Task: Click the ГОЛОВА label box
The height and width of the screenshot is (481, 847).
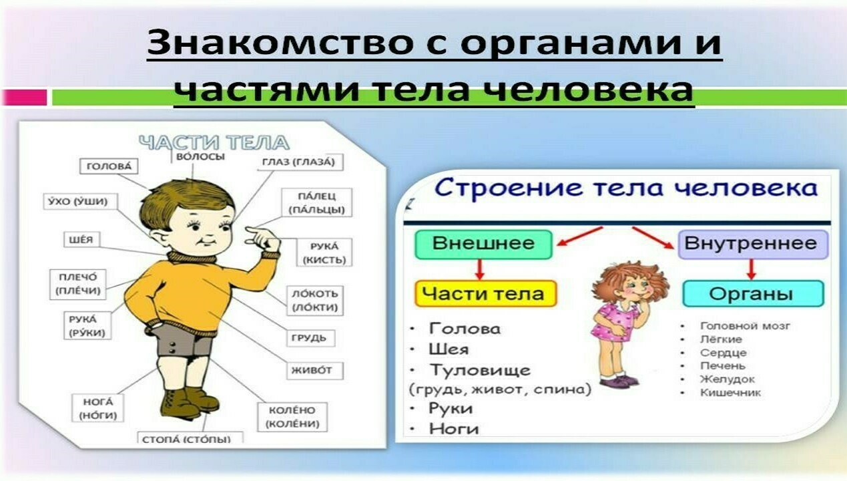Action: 109,166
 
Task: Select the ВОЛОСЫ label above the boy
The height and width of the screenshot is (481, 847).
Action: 200,157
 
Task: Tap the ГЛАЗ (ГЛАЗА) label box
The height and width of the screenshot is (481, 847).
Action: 298,162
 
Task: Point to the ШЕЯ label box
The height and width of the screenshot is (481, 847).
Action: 81,240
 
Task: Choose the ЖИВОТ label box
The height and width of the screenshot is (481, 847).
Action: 315,371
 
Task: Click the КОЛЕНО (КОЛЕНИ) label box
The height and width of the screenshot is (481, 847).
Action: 292,417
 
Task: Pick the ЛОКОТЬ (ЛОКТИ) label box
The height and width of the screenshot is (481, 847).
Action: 315,301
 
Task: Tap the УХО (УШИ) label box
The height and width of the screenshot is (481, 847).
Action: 81,201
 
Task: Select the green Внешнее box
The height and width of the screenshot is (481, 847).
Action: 483,245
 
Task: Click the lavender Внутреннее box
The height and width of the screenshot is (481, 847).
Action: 754,245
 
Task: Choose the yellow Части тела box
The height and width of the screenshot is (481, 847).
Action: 486,294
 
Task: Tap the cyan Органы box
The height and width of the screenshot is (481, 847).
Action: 754,294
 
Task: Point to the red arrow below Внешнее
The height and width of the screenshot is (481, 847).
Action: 479,269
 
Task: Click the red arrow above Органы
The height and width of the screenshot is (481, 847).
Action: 752,269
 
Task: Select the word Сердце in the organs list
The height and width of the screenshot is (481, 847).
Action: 724,353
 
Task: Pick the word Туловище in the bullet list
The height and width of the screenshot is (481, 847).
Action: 480,371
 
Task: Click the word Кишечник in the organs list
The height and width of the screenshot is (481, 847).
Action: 731,392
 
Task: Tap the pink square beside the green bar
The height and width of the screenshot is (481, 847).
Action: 25,98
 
